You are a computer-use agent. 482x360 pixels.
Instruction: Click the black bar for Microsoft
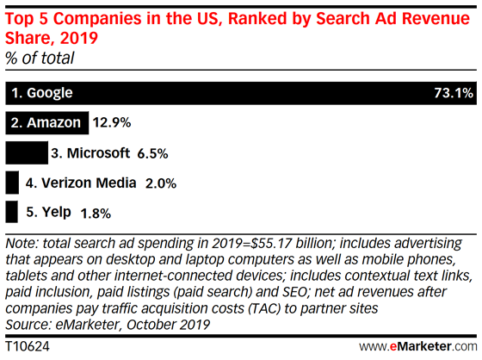point(26,153)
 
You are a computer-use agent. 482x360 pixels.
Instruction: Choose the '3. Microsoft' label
point(91,153)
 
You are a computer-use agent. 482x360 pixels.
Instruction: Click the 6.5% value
point(151,153)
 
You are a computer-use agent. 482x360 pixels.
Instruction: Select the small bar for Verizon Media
point(11,183)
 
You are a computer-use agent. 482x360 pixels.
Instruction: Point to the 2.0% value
point(161,183)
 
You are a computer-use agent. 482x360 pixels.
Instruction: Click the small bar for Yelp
point(11,212)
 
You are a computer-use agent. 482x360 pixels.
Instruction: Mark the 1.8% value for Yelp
point(96,212)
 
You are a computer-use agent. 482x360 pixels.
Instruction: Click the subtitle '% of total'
point(40,58)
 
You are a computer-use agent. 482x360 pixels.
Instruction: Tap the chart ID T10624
point(26,345)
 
